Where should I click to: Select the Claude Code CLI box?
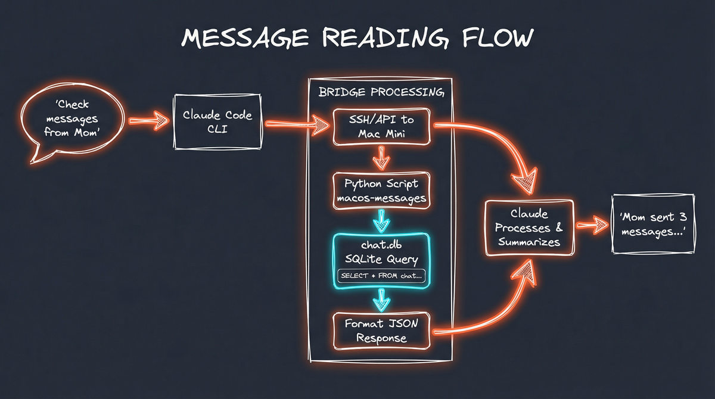pos(217,121)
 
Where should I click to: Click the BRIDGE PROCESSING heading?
pos(381,93)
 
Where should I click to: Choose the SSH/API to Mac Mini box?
pos(381,126)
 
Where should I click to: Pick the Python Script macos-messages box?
pos(381,191)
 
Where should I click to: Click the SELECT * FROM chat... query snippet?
pos(381,276)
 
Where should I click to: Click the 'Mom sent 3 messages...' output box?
pos(649,225)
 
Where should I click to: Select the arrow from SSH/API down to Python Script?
pos(381,158)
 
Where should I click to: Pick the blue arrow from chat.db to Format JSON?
pos(381,300)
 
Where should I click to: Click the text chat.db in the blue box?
pos(381,245)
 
